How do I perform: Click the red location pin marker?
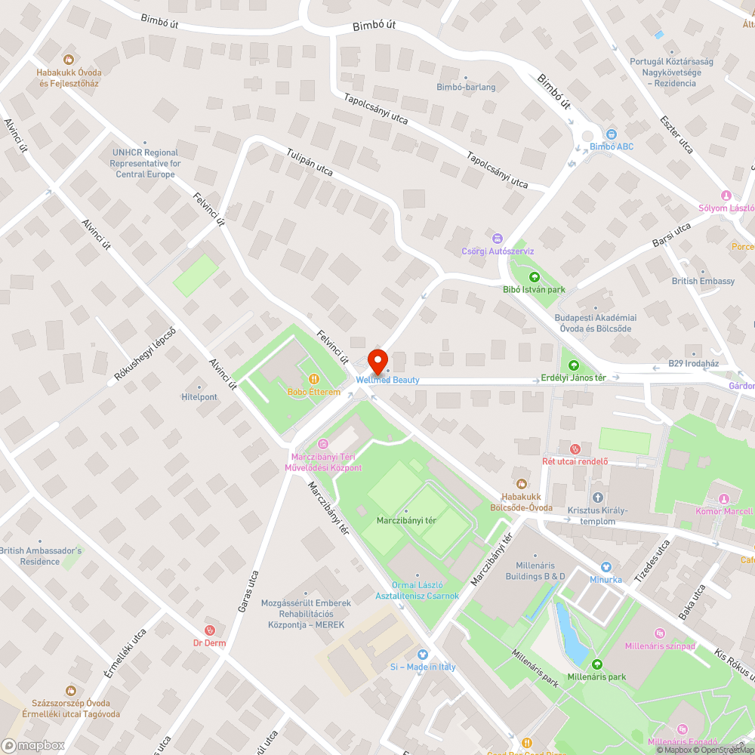377,359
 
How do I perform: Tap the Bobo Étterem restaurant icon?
313,379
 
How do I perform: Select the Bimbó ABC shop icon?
612,134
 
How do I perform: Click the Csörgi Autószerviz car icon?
497,238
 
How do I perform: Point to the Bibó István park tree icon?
535,276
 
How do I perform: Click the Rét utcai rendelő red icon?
575,448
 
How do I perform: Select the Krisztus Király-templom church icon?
598,498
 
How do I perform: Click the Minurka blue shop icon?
606,566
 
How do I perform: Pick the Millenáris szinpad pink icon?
660,633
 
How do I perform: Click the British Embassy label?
703,281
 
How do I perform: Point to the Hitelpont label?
199,397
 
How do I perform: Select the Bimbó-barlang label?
466,87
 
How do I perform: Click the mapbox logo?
33,745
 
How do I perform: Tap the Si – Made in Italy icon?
423,654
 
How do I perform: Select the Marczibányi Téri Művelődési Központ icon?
323,443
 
